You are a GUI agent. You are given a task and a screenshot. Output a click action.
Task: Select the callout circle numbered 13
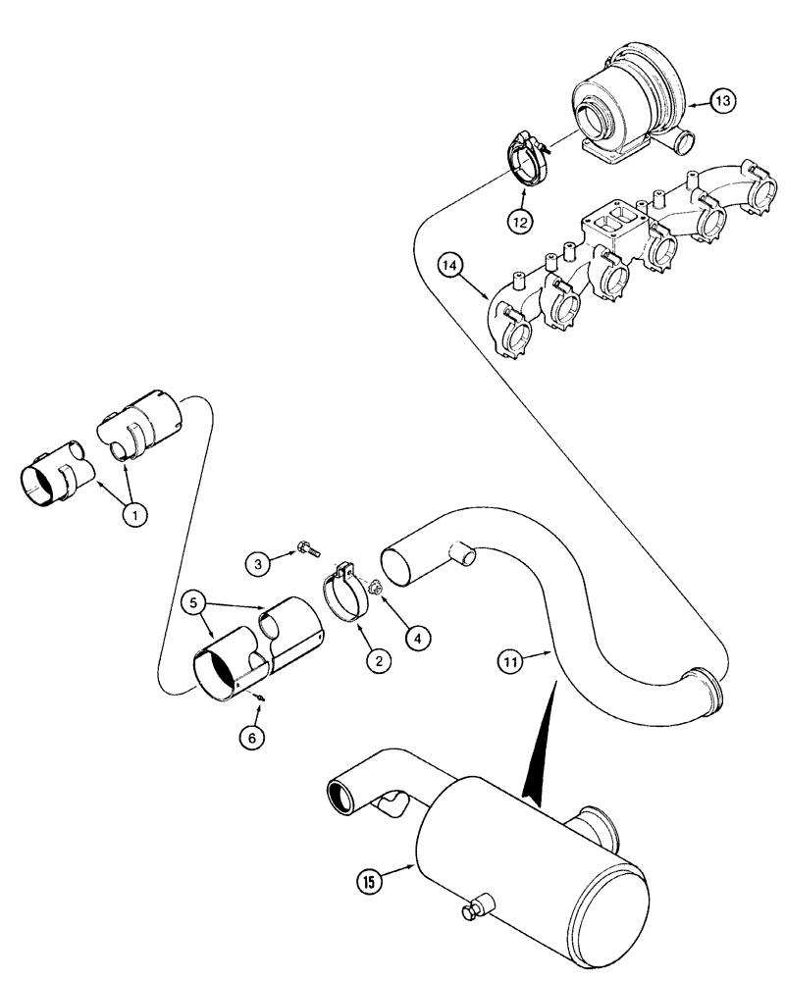point(722,101)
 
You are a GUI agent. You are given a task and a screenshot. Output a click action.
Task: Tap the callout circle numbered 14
point(450,264)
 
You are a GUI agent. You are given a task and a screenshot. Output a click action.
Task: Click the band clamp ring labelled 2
point(343,596)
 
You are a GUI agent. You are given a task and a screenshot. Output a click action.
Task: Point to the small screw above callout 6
point(260,697)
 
